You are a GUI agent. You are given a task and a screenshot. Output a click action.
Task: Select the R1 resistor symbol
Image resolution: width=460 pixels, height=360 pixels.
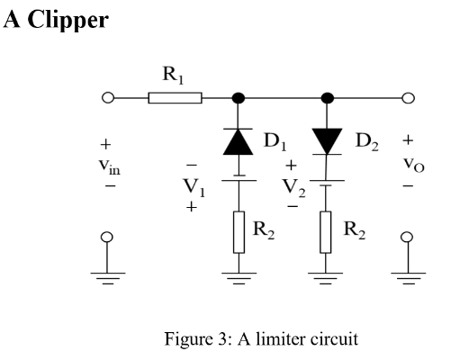[176, 98]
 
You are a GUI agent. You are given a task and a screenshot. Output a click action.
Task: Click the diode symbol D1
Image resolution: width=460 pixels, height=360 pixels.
[238, 140]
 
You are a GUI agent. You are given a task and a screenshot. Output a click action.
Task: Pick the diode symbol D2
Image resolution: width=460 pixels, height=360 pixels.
[327, 140]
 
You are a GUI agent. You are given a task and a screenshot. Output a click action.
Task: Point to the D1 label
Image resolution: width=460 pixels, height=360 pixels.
[274, 140]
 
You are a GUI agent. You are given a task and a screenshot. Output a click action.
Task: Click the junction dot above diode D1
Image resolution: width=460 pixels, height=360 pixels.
[238, 98]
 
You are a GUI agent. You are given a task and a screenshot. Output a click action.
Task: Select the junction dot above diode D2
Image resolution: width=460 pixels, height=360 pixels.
[327, 98]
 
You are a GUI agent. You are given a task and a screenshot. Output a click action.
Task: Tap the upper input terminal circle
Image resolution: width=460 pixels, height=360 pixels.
[107, 98]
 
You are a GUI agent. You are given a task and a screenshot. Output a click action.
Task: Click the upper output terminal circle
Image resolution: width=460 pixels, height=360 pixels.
[408, 98]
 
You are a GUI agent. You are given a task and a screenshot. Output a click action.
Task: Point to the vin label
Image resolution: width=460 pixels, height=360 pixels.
[108, 165]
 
